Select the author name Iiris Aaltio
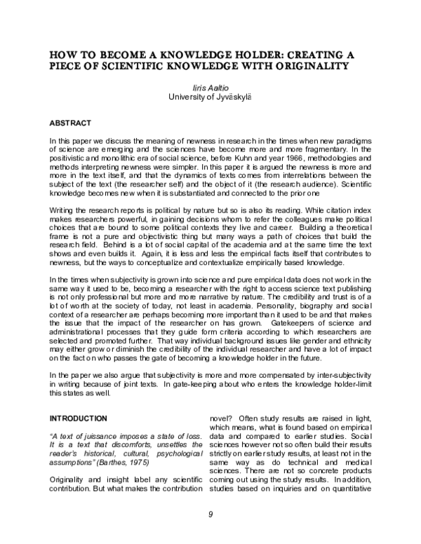(x=210, y=88)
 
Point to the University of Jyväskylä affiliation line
(x=210, y=97)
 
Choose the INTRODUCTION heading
(x=78, y=419)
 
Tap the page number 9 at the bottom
(x=210, y=515)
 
